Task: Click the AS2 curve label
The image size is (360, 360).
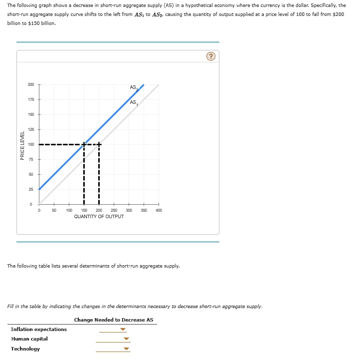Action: (134, 88)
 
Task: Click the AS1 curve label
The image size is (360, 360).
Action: (133, 103)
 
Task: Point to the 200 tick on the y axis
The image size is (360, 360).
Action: (31, 85)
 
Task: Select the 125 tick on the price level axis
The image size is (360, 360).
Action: (31, 130)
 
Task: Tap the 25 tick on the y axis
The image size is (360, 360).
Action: (31, 189)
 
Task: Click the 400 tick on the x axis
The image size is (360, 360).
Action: (159, 211)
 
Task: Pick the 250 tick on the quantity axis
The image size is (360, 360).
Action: (114, 211)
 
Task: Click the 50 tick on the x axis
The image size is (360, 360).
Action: (54, 211)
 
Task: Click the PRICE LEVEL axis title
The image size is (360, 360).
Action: (22, 145)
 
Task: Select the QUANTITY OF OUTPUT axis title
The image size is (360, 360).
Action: (99, 217)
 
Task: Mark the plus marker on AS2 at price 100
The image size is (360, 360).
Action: (84, 145)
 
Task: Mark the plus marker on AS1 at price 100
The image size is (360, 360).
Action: (99, 145)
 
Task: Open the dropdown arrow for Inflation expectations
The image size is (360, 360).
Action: (123, 330)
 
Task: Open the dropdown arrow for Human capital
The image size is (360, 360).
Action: (126, 340)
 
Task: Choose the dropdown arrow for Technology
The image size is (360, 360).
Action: (126, 349)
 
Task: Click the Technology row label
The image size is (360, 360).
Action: (25, 349)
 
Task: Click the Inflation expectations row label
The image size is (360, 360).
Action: (39, 330)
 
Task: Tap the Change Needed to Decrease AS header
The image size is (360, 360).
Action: (114, 320)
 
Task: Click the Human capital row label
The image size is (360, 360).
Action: (29, 339)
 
